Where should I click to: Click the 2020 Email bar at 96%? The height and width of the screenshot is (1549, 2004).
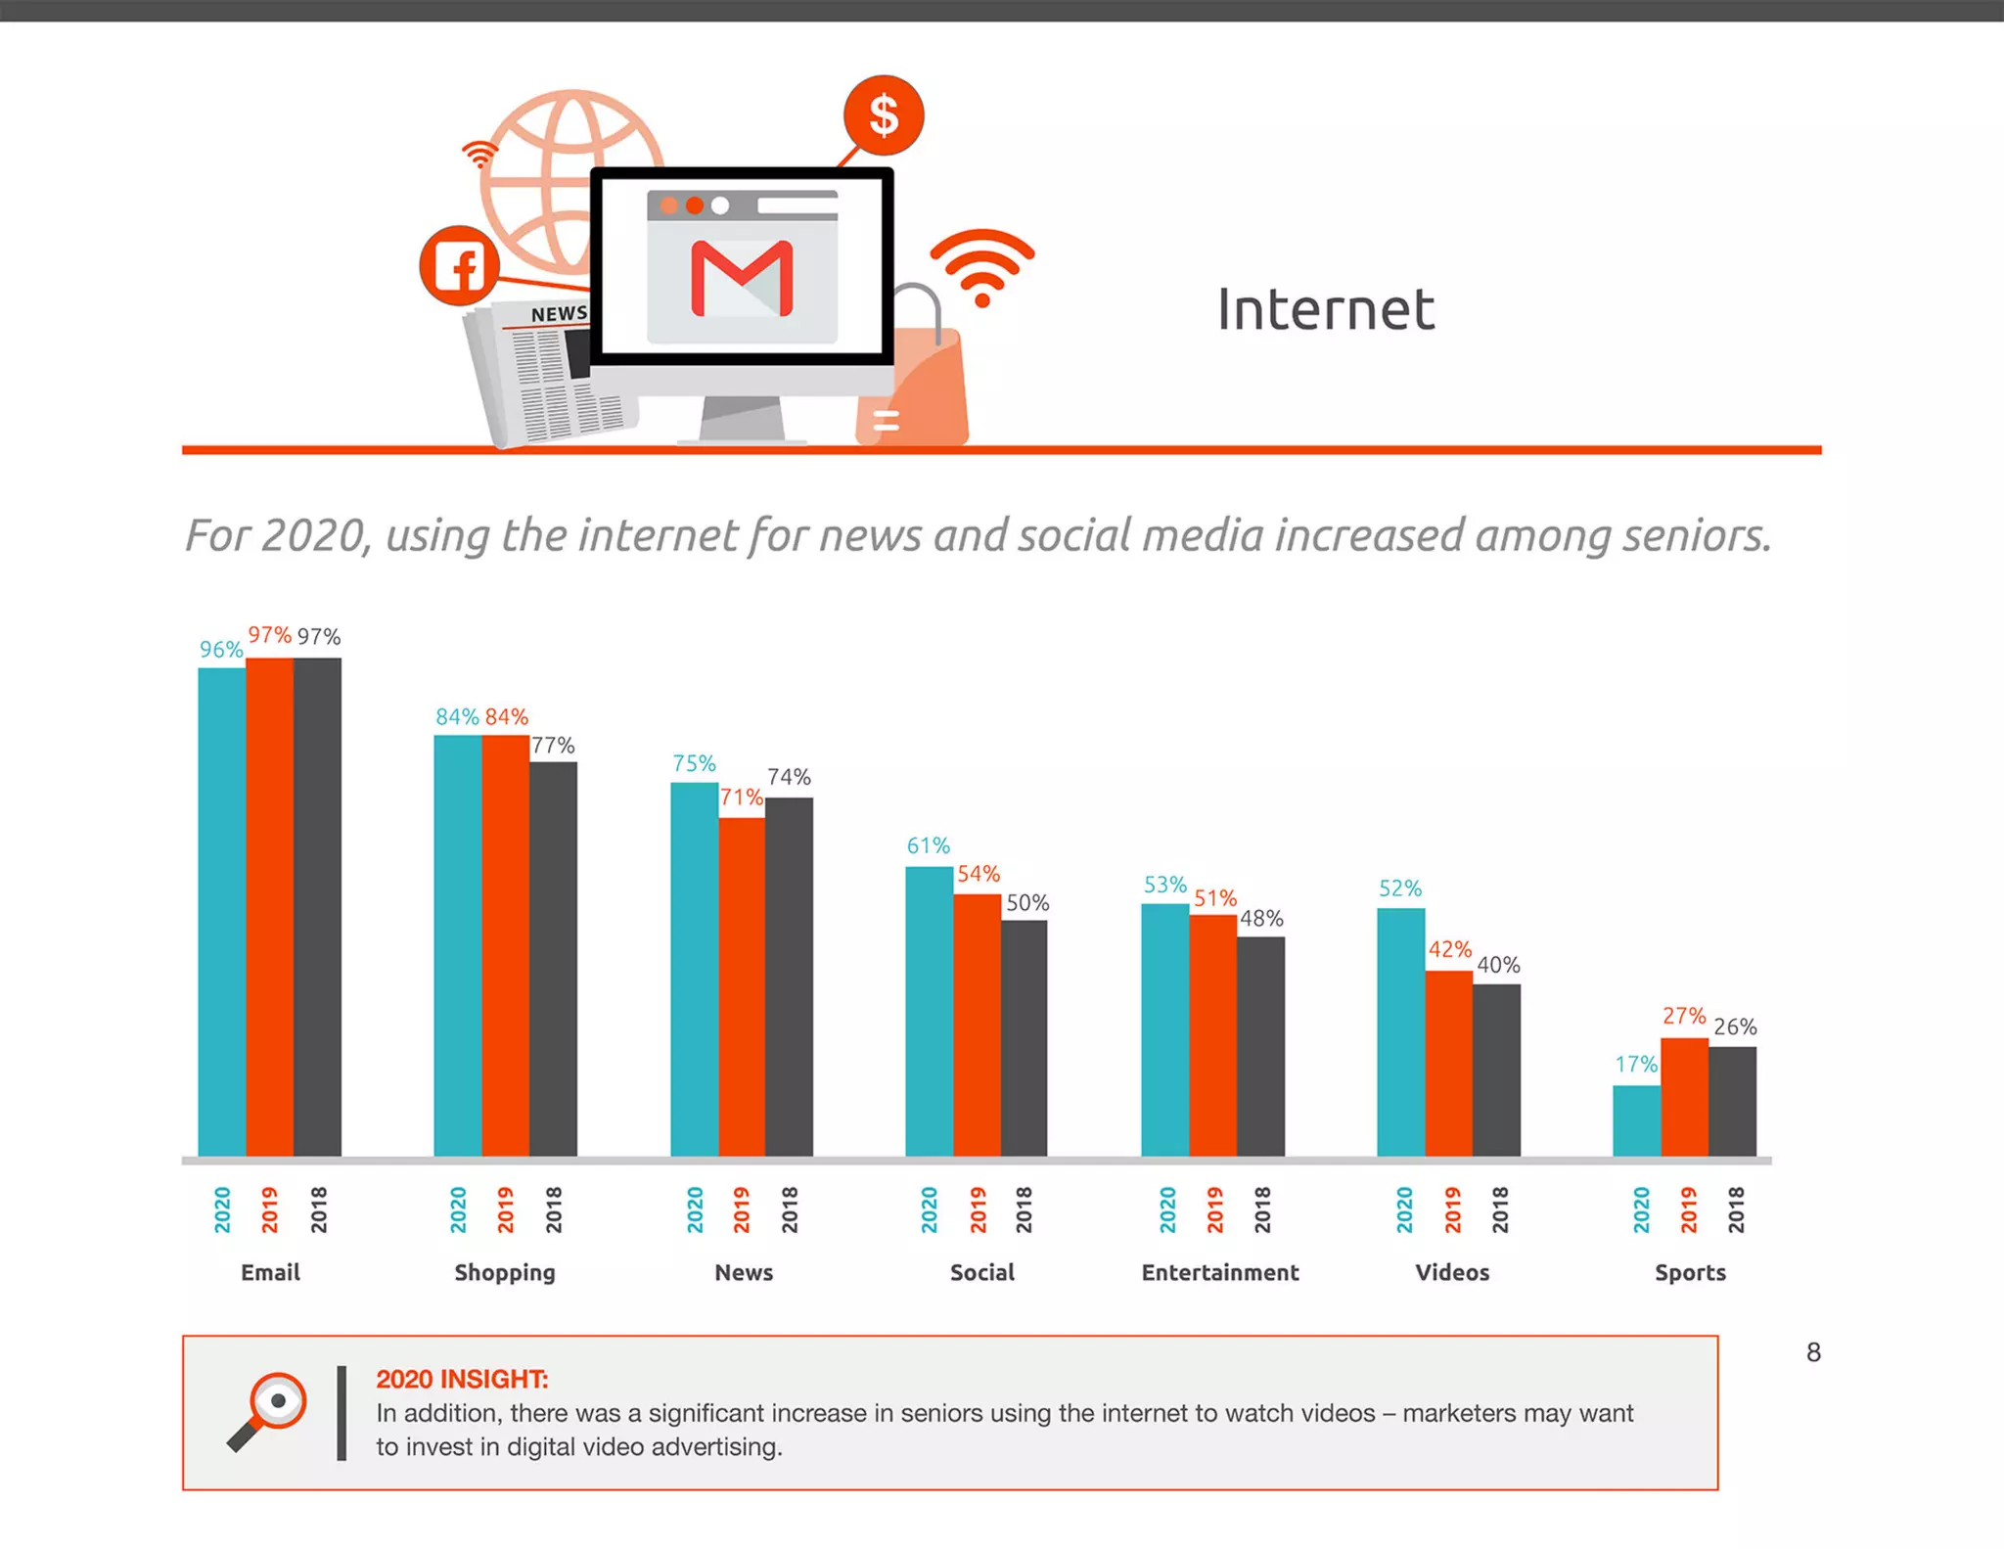[x=221, y=910]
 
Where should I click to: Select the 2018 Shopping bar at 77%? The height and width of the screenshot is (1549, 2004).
[x=553, y=959]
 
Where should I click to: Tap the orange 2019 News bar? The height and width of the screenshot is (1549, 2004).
[x=742, y=986]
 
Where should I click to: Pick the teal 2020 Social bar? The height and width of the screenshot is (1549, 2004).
[x=929, y=1011]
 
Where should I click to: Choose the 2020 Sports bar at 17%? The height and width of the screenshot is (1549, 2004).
[x=1636, y=1120]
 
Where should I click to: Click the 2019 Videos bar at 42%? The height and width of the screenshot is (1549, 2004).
[x=1448, y=1063]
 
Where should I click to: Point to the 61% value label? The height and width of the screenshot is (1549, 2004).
[x=928, y=845]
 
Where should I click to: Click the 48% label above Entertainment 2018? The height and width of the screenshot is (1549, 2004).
[x=1261, y=919]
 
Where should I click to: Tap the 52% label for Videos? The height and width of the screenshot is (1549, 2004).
[x=1399, y=888]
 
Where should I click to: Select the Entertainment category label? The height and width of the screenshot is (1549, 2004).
[x=1219, y=1272]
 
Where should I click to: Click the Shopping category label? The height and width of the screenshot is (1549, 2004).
[x=504, y=1272]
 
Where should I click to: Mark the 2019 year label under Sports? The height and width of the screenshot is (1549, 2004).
[x=1688, y=1209]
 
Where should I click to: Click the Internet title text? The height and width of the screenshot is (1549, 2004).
[x=1325, y=310]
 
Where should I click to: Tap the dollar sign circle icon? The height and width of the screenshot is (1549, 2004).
[x=884, y=115]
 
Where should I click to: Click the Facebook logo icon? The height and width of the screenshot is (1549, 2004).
[x=459, y=266]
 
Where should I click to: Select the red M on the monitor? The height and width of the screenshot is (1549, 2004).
[x=742, y=279]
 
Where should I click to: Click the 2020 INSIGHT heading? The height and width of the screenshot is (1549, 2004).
[x=462, y=1379]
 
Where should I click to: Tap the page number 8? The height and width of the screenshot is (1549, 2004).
[x=1813, y=1352]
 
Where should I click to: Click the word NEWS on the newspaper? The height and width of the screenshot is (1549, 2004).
[x=559, y=314]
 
